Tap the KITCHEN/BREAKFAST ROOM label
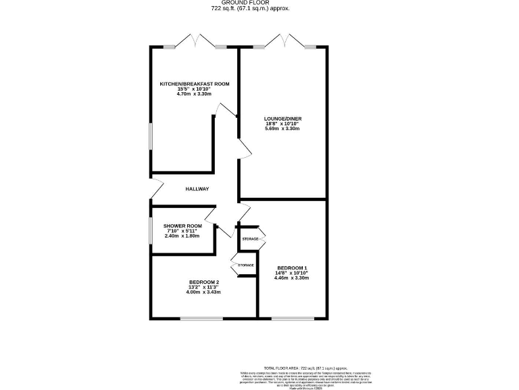(x=194, y=84)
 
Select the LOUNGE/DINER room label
(x=282, y=118)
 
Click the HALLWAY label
(x=197, y=189)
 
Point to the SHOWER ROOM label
(x=184, y=226)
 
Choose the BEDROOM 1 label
(x=291, y=268)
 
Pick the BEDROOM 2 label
(x=204, y=282)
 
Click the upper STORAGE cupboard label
(x=251, y=239)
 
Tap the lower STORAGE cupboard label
(x=245, y=265)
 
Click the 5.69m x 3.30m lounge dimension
(x=282, y=129)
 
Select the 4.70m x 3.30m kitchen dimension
(x=194, y=95)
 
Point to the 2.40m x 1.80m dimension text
(x=184, y=236)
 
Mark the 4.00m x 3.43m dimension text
(x=204, y=292)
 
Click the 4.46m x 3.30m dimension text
(x=291, y=278)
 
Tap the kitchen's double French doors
(x=195, y=42)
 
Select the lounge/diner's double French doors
(x=284, y=42)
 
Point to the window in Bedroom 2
(x=201, y=318)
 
